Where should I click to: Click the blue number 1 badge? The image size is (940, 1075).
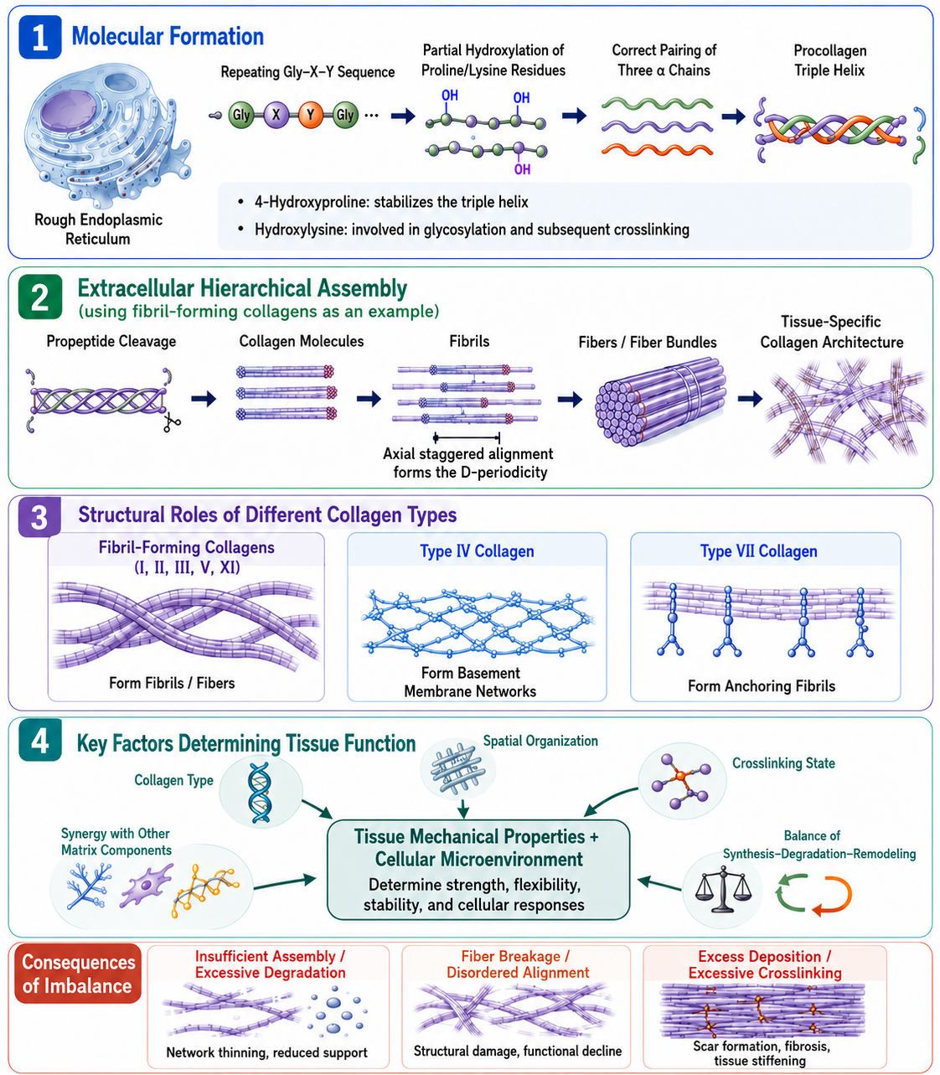pyautogui.click(x=40, y=37)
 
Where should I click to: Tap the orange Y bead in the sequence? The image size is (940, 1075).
pyautogui.click(x=311, y=115)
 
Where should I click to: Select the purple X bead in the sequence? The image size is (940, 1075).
pyautogui.click(x=276, y=115)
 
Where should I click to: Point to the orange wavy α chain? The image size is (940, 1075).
pyautogui.click(x=657, y=150)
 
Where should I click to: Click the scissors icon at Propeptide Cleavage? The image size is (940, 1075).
pyautogui.click(x=171, y=422)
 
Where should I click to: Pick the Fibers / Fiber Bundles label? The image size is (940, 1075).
pyautogui.click(x=648, y=343)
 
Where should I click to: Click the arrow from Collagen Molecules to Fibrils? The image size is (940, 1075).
pyautogui.click(x=369, y=399)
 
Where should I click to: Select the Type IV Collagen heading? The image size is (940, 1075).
pyautogui.click(x=477, y=551)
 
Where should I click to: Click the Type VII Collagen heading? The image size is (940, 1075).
pyautogui.click(x=759, y=551)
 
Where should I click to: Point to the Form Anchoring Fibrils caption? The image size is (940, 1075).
pyautogui.click(x=762, y=685)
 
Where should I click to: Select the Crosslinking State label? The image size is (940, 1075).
pyautogui.click(x=783, y=763)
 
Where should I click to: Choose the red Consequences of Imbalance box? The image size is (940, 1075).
pyautogui.click(x=78, y=974)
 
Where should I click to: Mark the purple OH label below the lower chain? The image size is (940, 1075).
pyautogui.click(x=522, y=169)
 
